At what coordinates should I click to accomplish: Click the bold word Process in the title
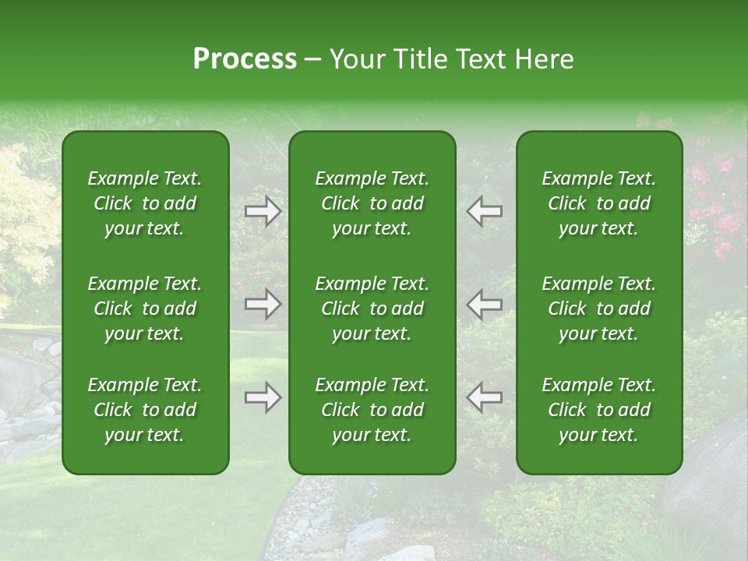pyautogui.click(x=245, y=59)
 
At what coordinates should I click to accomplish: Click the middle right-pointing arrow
pyautogui.click(x=263, y=304)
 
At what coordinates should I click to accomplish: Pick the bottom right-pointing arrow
pyautogui.click(x=263, y=398)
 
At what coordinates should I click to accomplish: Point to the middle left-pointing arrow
pyautogui.click(x=484, y=304)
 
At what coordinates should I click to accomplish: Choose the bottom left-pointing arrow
pyautogui.click(x=484, y=397)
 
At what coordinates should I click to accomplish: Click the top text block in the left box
pyautogui.click(x=145, y=203)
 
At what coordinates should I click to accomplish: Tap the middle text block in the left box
pyautogui.click(x=145, y=309)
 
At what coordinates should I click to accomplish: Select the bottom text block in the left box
pyautogui.click(x=145, y=410)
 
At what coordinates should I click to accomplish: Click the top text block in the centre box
pyautogui.click(x=372, y=203)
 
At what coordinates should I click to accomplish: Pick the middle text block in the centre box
pyautogui.click(x=372, y=309)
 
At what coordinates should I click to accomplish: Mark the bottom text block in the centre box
pyautogui.click(x=372, y=410)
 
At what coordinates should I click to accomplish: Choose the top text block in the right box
pyautogui.click(x=598, y=203)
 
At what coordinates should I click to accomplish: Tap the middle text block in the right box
pyautogui.click(x=598, y=309)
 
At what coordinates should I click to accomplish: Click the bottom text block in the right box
pyautogui.click(x=598, y=410)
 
